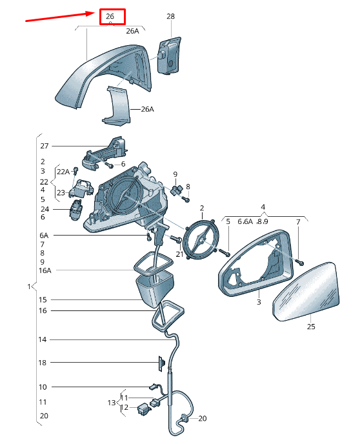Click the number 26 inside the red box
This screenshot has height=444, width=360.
pyautogui.click(x=110, y=16)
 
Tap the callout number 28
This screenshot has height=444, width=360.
pyautogui.click(x=170, y=16)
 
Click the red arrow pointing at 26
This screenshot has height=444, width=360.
pyautogui.click(x=60, y=16)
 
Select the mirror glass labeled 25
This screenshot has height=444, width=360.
pyautogui.click(x=306, y=292)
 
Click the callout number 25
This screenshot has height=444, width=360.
pyautogui.click(x=311, y=327)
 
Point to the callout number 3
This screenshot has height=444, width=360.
pyautogui.click(x=259, y=302)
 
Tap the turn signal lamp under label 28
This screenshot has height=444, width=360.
pyautogui.click(x=169, y=55)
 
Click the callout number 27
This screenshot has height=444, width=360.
pyautogui.click(x=45, y=146)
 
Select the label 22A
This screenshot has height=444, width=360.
pyautogui.click(x=63, y=172)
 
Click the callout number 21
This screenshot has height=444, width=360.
pyautogui.click(x=179, y=254)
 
